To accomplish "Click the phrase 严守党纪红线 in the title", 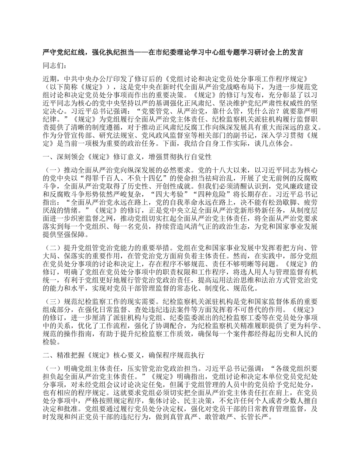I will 63,52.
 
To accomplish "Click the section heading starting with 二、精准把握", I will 124,355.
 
